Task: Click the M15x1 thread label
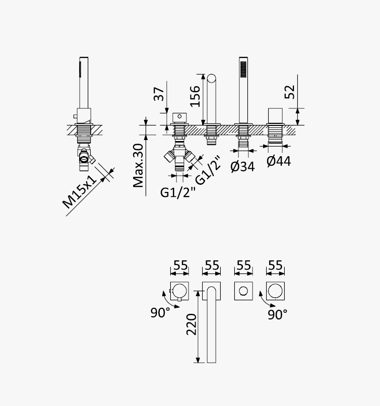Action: coord(80,192)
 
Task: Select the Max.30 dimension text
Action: coord(138,165)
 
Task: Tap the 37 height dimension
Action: coord(159,94)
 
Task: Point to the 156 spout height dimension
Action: coord(195,96)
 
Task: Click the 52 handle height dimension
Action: coord(290,92)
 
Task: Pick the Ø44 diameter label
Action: coord(279,161)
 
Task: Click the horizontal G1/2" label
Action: coord(177,192)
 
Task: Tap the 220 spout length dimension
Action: coord(192,324)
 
